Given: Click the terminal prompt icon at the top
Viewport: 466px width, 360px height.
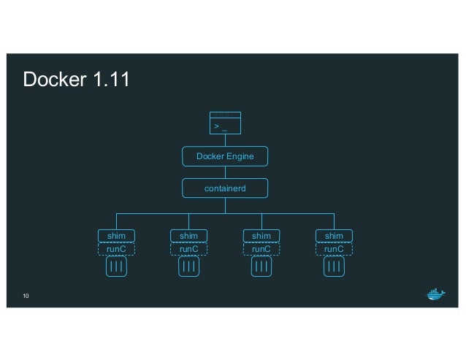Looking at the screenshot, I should coord(225,123).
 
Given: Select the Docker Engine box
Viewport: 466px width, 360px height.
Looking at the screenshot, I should coord(225,156).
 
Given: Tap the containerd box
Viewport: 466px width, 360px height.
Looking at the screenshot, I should coord(225,188).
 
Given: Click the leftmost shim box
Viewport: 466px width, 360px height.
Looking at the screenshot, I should coord(116,236).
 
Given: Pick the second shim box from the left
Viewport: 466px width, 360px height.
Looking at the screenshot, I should coord(188,236).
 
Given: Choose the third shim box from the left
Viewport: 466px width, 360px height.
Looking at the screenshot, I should coord(261,236).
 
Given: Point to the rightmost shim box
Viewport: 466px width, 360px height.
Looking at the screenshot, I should coord(334,236).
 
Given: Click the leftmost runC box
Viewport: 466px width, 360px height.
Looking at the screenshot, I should coord(116,249).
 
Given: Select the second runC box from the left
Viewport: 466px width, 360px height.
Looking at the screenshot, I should coord(188,249).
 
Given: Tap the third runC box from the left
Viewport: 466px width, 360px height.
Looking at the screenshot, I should coord(261,249).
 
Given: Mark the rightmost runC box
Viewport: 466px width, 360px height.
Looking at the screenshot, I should coord(334,249).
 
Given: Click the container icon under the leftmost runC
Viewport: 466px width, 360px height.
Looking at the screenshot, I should coord(116,267).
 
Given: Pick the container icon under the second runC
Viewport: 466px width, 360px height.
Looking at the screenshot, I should coord(188,267).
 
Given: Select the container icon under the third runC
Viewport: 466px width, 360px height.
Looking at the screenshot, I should coord(261,267).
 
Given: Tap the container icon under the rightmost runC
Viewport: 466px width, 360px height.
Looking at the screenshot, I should coord(334,267).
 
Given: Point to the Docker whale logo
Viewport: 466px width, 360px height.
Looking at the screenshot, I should coord(435,294).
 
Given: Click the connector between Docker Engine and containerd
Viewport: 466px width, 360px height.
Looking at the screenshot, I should coord(225,172).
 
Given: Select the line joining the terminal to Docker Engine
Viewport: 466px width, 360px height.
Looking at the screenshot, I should coord(225,141).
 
